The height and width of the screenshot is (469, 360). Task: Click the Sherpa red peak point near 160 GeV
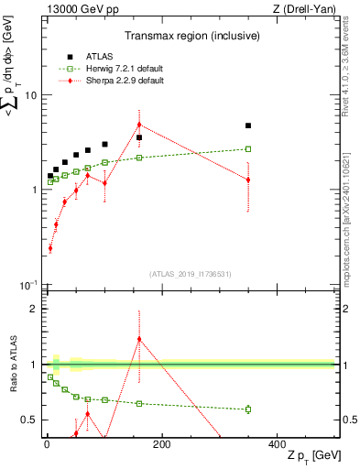139,125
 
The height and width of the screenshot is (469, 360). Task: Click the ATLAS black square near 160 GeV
139,137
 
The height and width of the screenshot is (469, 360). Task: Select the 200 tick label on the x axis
162,443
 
